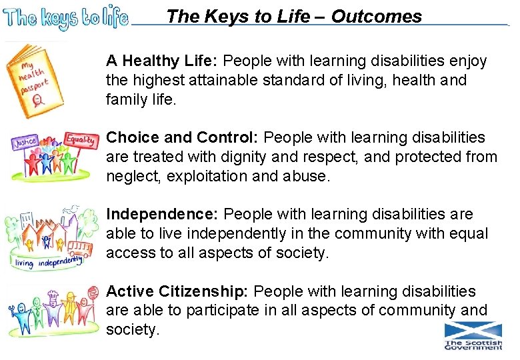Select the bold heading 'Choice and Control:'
(183, 138)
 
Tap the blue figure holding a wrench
(21, 317)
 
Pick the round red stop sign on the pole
(90, 294)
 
